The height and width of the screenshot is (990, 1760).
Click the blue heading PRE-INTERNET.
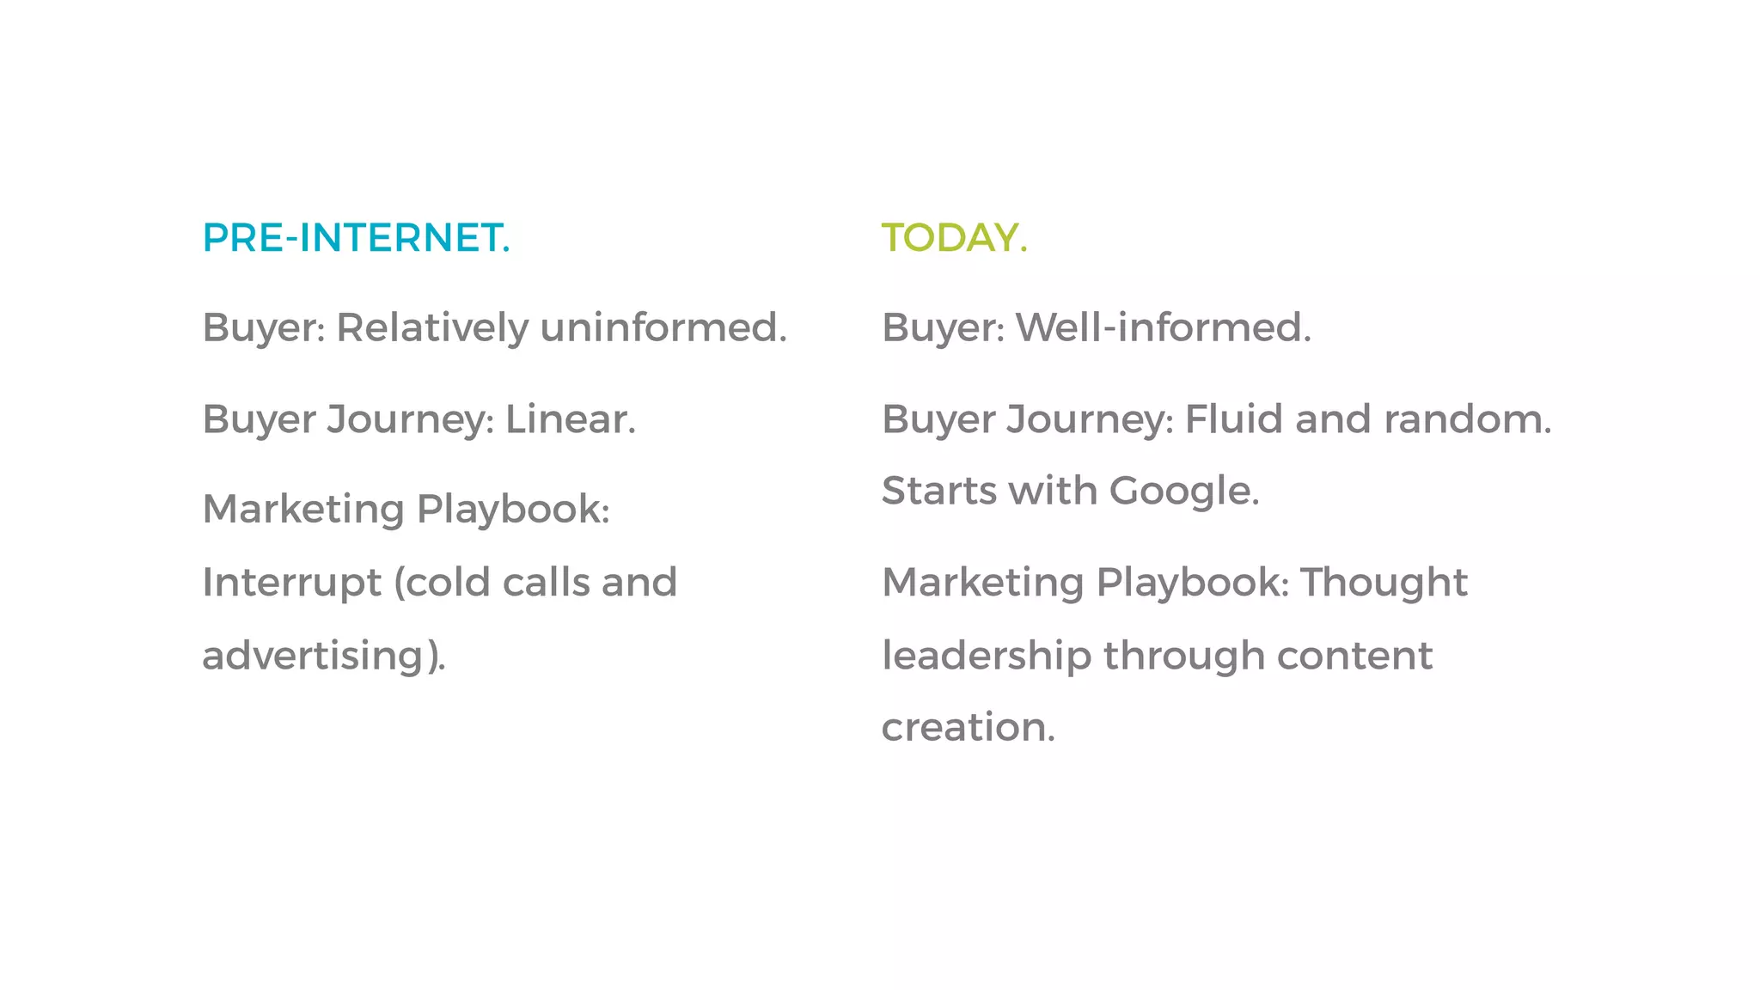point(356,238)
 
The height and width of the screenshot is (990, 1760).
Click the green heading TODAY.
point(954,238)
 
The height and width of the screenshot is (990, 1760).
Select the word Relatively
point(432,327)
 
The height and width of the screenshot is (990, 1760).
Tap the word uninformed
point(663,327)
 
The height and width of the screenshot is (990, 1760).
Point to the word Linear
point(569,419)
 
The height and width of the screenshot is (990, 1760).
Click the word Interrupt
point(291,583)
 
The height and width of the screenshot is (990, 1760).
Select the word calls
point(547,583)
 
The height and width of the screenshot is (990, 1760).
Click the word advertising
point(314,656)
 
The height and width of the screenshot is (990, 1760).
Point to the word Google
point(1183,492)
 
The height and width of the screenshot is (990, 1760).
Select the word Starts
point(938,492)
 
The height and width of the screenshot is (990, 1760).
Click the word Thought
point(1384,583)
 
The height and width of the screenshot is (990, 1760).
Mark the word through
point(1183,656)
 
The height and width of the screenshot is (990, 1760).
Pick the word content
point(1354,656)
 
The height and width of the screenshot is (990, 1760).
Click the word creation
point(968,728)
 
